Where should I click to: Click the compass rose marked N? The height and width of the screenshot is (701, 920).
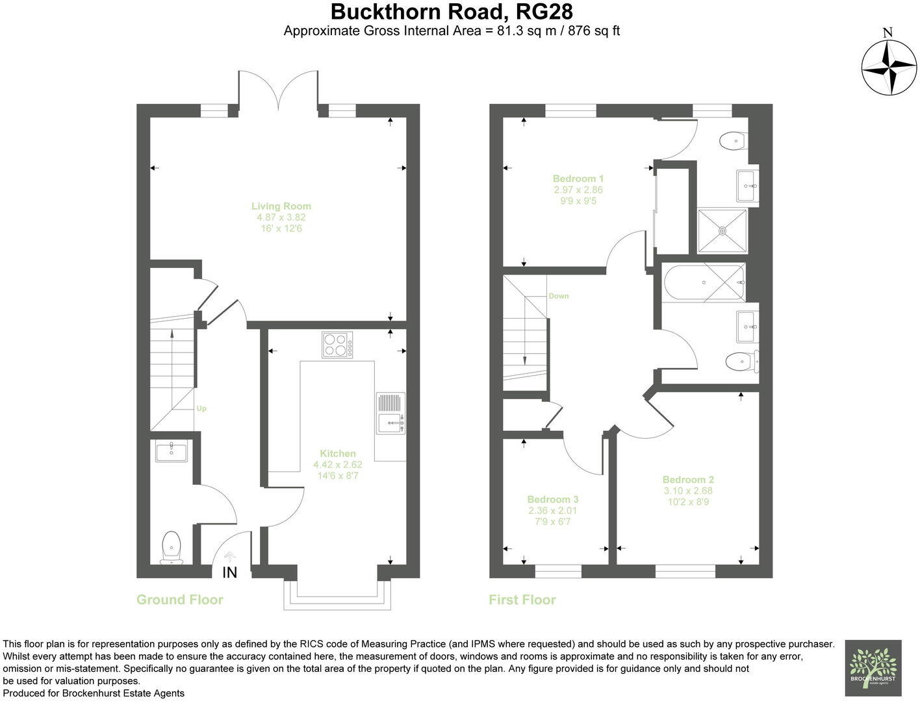pos(888,66)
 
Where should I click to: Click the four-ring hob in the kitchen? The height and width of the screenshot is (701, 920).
pos(337,344)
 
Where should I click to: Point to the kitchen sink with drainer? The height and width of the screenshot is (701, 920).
pos(390,413)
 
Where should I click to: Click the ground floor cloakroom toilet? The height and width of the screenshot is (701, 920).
pos(171,547)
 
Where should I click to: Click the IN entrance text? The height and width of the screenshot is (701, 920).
pos(230,572)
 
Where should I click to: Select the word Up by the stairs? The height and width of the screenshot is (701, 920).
pos(201,409)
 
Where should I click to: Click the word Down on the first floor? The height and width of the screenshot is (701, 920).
pos(558,296)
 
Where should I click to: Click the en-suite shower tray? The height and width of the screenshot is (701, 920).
pos(722,230)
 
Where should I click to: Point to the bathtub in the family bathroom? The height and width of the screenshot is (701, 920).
pos(704,282)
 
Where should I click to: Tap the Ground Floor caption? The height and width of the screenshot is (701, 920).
pos(179,600)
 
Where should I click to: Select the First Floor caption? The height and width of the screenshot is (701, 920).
pos(522,600)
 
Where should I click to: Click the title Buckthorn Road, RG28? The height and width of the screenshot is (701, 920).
pos(452,12)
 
